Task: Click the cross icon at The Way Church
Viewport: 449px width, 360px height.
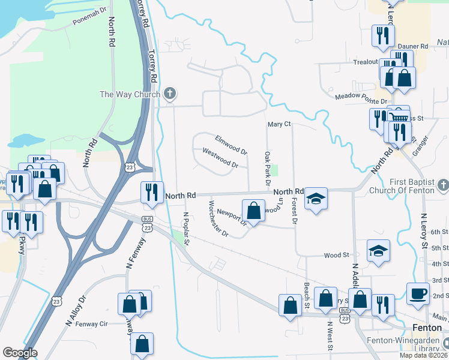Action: [170, 94]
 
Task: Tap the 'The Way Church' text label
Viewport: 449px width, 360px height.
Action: [130, 94]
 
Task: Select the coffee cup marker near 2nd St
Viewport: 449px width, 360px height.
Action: [418, 293]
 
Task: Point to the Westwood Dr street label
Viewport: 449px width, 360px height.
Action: [221, 158]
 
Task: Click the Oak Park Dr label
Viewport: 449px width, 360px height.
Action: [268, 168]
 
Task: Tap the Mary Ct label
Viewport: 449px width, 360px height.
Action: [279, 124]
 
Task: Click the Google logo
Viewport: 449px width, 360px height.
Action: [20, 353]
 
